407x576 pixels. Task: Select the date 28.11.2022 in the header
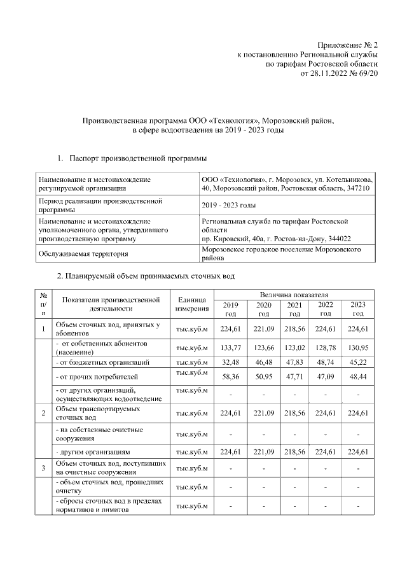coord(330,74)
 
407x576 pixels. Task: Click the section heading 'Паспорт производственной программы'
coord(137,157)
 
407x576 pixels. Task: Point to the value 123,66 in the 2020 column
coord(263,348)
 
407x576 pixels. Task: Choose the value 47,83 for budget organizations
coord(294,362)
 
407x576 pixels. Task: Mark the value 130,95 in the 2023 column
coord(358,348)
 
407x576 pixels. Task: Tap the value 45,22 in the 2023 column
coord(358,362)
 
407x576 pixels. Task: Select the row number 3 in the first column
coord(43,469)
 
